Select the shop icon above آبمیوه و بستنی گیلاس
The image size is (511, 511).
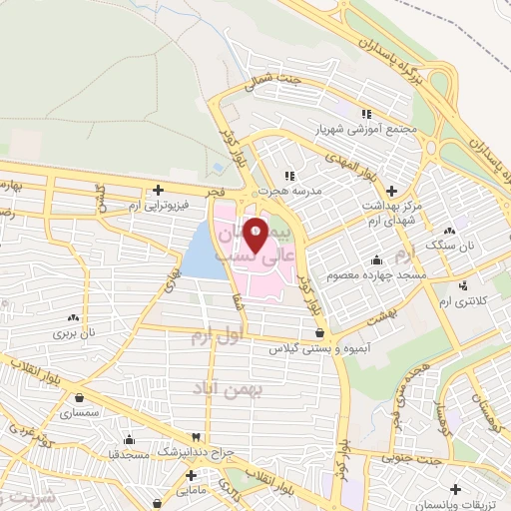[x=318, y=333]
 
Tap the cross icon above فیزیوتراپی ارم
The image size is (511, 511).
[x=158, y=190]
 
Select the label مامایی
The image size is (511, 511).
[x=188, y=491]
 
